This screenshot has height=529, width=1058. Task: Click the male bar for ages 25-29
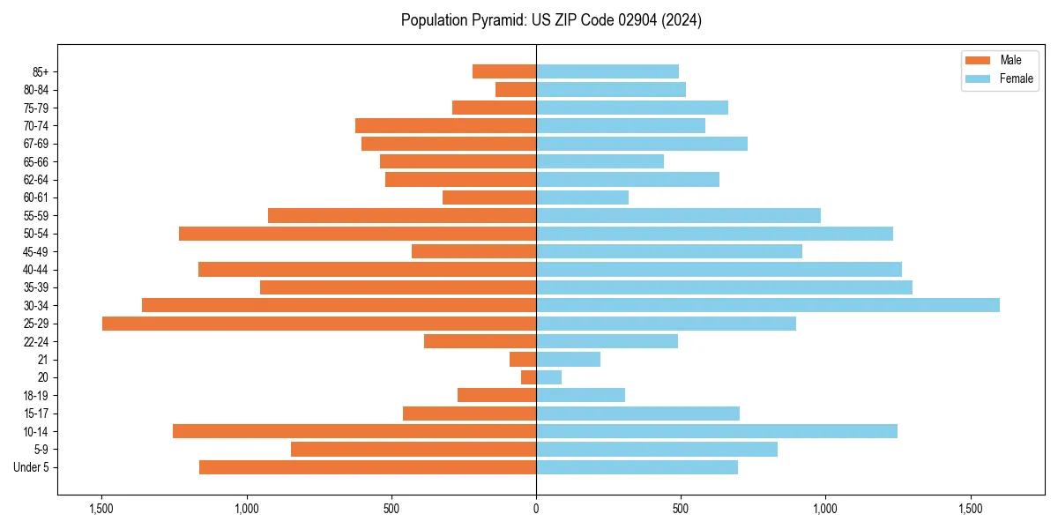(319, 324)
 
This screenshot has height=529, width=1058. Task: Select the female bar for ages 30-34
(767, 305)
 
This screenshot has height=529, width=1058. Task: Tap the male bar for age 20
(528, 377)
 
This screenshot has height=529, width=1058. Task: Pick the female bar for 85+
(607, 71)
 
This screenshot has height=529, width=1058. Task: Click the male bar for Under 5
(368, 467)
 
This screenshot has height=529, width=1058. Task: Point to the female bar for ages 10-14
(717, 431)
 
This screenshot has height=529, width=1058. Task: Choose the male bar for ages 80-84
(516, 89)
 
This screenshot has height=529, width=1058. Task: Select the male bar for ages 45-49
(473, 251)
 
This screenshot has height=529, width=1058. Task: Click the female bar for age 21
(568, 359)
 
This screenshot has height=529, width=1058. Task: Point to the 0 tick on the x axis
(536, 509)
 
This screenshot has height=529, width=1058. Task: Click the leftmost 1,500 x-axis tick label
(101, 509)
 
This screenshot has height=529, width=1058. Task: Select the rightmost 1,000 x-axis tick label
(825, 509)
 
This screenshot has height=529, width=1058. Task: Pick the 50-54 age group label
(36, 234)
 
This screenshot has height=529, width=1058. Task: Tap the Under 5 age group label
(31, 467)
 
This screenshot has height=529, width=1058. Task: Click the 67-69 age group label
(36, 144)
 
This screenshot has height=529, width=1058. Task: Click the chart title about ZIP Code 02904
(551, 20)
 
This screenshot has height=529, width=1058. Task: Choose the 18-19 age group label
(36, 395)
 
